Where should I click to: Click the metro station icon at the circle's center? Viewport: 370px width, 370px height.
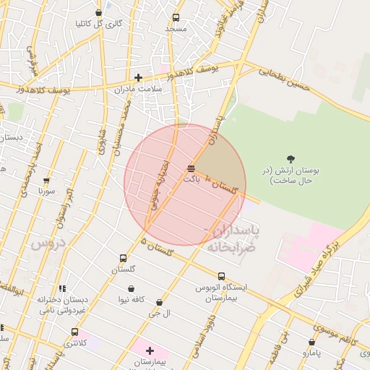pyautogui.click(x=190, y=168)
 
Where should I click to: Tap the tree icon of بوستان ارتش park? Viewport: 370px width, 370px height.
pyautogui.click(x=291, y=159)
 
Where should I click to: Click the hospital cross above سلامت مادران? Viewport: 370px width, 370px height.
pyautogui.click(x=138, y=77)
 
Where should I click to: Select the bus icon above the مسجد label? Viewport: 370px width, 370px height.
pyautogui.click(x=176, y=18)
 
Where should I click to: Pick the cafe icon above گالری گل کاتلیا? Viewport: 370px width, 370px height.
pyautogui.click(x=99, y=12)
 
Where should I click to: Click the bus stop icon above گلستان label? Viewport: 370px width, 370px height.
pyautogui.click(x=123, y=258)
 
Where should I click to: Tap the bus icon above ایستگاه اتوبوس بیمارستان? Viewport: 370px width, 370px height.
pyautogui.click(x=221, y=275)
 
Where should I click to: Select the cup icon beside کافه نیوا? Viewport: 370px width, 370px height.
pyautogui.click(x=122, y=298)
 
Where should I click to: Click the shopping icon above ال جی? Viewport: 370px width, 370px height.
pyautogui.click(x=159, y=302)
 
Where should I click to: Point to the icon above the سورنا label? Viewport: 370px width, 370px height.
pyautogui.click(x=47, y=181)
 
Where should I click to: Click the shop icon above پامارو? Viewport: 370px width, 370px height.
pyautogui.click(x=311, y=343)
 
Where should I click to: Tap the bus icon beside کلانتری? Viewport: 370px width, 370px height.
pyautogui.click(x=74, y=332)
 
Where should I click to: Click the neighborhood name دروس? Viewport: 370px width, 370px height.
pyautogui.click(x=48, y=244)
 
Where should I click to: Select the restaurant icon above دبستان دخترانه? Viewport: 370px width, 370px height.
pyautogui.click(x=62, y=288)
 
